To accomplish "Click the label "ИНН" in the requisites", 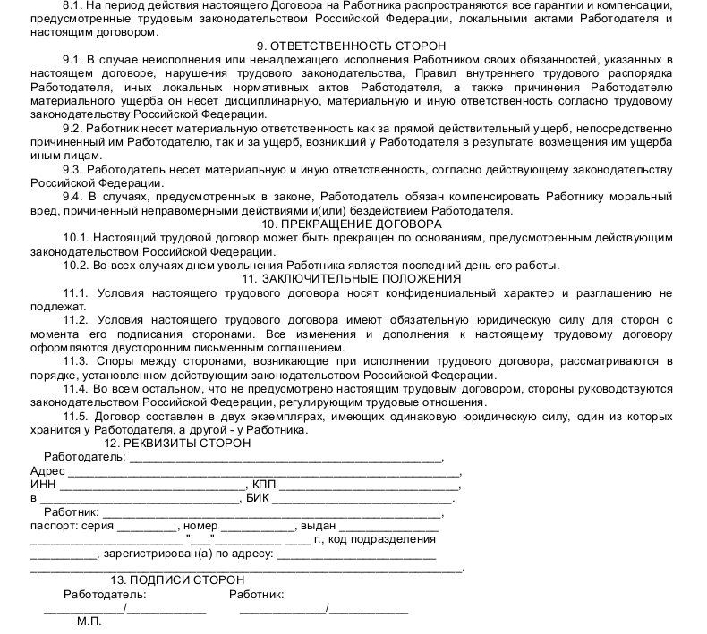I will coord(43,484).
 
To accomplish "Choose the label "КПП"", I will coord(264,484).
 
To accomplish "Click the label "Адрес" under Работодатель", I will coord(47,470).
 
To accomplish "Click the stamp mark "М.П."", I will coord(89,621).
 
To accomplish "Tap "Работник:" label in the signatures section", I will coord(256,594).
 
